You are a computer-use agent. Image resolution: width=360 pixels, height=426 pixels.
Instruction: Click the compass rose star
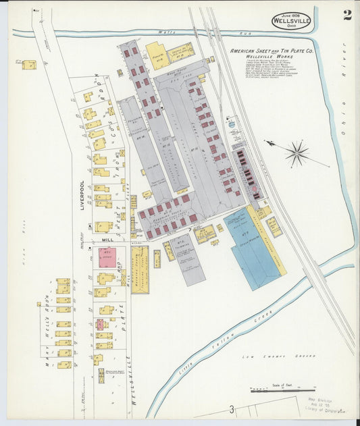click(x=297, y=153)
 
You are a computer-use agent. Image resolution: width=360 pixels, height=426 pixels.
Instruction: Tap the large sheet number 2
click(x=346, y=16)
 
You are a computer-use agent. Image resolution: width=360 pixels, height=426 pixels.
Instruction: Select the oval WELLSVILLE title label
click(x=292, y=22)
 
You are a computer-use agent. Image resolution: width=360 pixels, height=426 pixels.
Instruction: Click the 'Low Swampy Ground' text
click(x=269, y=354)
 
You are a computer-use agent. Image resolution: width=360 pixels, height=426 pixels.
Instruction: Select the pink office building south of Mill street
click(x=107, y=257)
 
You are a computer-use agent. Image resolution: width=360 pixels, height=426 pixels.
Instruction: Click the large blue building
click(x=253, y=246)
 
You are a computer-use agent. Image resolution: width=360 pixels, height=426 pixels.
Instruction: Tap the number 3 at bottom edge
click(x=231, y=409)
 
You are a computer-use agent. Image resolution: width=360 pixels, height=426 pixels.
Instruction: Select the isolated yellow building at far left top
click(x=29, y=65)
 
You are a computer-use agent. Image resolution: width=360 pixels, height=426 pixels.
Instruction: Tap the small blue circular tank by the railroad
click(x=232, y=125)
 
